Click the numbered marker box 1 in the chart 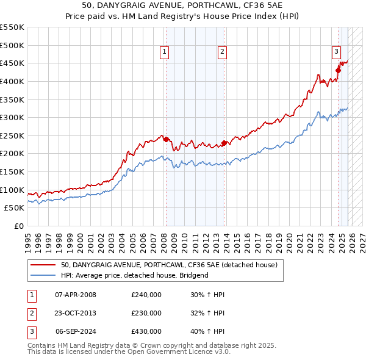pyautogui.click(x=165, y=52)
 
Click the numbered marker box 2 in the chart pyautogui.click(x=222, y=52)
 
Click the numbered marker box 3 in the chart pyautogui.click(x=336, y=52)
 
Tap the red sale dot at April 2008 pyautogui.click(x=166, y=139)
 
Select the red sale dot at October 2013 pyautogui.click(x=224, y=143)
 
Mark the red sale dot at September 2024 pyautogui.click(x=338, y=70)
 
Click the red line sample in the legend pyautogui.click(x=43, y=265)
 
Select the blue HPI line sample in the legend pyautogui.click(x=43, y=275)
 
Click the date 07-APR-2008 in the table pyautogui.click(x=76, y=295)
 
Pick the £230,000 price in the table pyautogui.click(x=146, y=313)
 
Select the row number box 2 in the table pyautogui.click(x=31, y=313)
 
